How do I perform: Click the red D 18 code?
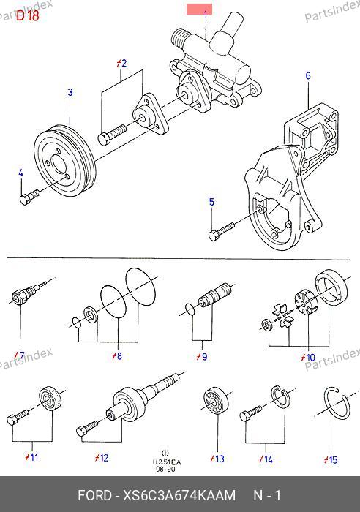[x=28, y=15]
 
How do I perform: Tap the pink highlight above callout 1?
[x=199, y=9]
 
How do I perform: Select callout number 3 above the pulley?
[x=70, y=92]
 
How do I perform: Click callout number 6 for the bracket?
[x=308, y=76]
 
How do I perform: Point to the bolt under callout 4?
[x=29, y=197]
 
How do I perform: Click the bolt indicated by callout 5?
[x=221, y=231]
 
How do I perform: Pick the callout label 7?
[x=19, y=355]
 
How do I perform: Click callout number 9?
[x=202, y=357]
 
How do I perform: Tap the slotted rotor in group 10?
[x=305, y=303]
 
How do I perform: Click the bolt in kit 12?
[x=87, y=428]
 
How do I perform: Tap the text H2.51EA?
[x=167, y=462]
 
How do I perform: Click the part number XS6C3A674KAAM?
[x=179, y=495]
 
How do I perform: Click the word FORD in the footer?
[x=94, y=495]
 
